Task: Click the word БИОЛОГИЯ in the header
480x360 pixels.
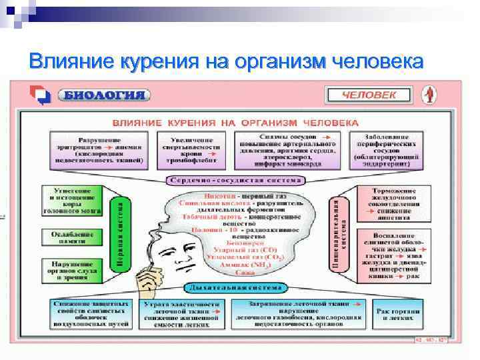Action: [104, 95]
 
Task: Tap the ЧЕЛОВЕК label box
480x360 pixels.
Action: [369, 95]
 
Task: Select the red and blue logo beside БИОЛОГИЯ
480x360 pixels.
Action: [41, 95]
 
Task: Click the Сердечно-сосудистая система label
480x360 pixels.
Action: [235, 181]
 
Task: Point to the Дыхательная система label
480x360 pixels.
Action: [235, 288]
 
